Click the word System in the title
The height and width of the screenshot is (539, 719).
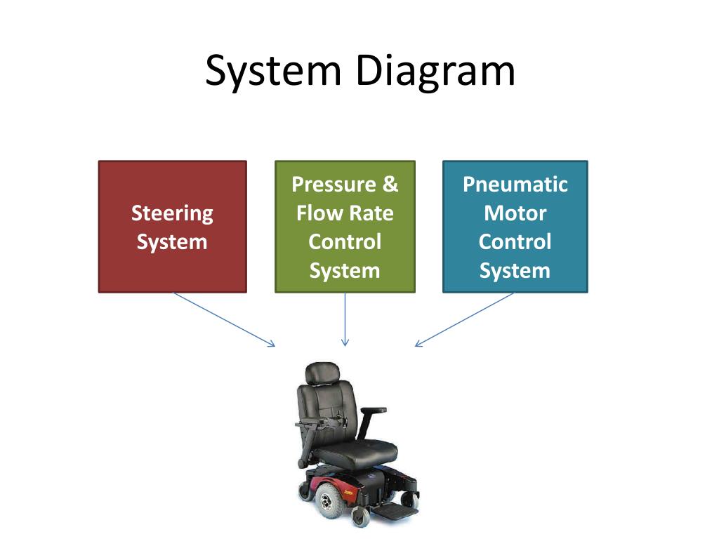[x=273, y=71]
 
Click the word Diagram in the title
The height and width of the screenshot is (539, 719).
[x=435, y=71]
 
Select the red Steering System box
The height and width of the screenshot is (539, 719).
[x=173, y=227]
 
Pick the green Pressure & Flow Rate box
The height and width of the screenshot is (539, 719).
[x=345, y=227]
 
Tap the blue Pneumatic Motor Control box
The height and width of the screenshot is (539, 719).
[x=515, y=227]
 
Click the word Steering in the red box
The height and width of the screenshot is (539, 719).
[x=173, y=213]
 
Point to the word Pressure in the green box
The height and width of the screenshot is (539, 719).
[x=334, y=185]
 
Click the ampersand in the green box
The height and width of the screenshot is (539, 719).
[x=390, y=185]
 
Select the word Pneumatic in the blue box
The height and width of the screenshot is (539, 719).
[x=515, y=185]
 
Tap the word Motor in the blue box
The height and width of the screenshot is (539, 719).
[x=515, y=213]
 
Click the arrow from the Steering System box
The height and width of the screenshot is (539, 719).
[x=224, y=319]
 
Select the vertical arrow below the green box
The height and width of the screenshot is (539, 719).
[x=345, y=319]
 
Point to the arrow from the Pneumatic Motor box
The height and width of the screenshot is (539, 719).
[x=464, y=319]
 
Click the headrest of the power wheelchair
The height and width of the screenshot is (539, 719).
[x=322, y=373]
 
